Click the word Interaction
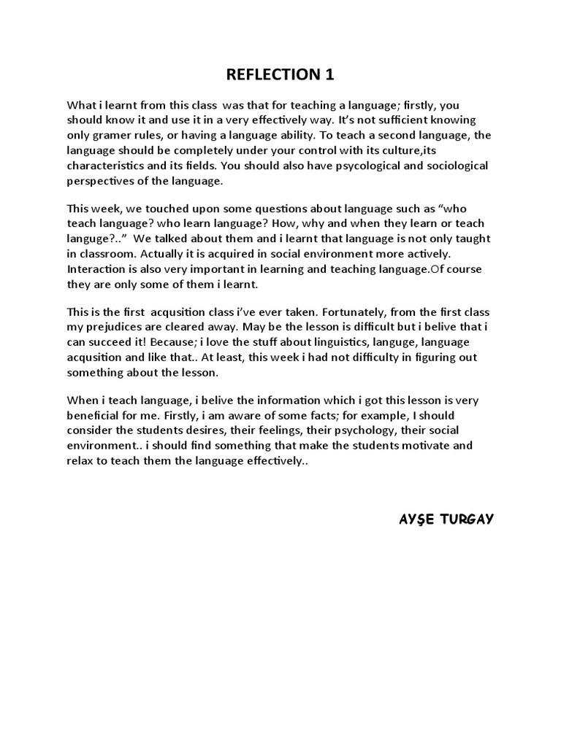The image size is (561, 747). pyautogui.click(x=96, y=269)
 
